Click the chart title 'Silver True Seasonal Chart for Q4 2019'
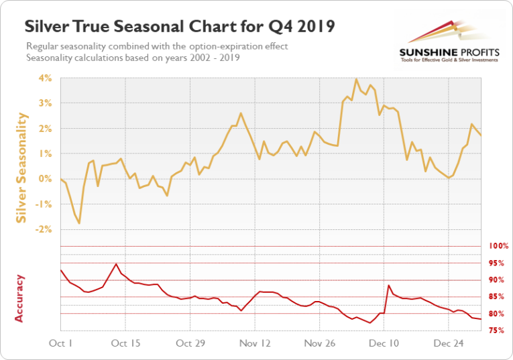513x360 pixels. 180,26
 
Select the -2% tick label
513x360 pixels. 45,229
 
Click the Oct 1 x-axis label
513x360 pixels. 61,343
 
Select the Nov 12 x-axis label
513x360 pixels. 255,343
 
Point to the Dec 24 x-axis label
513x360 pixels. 449,343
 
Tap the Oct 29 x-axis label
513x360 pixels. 190,343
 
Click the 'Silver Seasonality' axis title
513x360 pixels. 21,168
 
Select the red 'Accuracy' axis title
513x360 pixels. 19,298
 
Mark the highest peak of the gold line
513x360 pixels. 356,79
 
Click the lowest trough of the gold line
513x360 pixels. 79,223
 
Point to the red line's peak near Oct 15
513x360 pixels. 117,263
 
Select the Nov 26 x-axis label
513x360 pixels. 319,343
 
